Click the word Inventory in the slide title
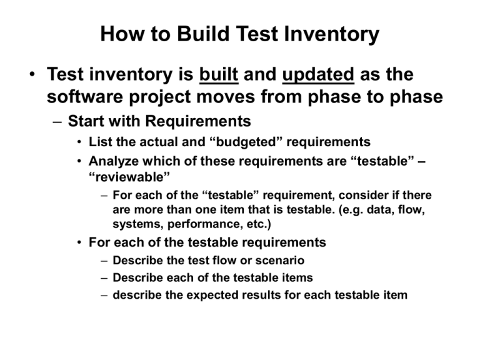[331, 34]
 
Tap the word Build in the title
[203, 33]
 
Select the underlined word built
[219, 74]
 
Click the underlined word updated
[318, 75]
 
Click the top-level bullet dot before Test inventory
[32, 74]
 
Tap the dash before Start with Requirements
[57, 122]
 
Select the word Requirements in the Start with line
[197, 121]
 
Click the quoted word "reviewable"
[129, 177]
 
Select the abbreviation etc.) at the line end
[259, 224]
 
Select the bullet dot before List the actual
[79, 142]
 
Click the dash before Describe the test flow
[104, 261]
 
